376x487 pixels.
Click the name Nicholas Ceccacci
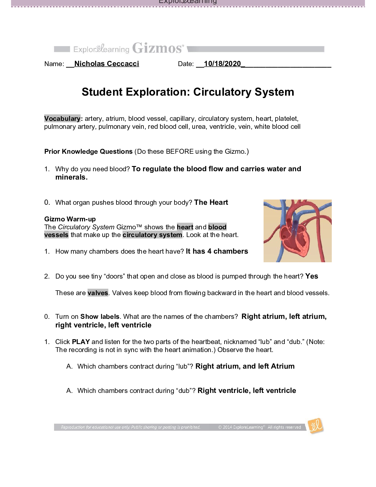click(x=107, y=64)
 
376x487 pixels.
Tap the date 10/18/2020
click(x=222, y=64)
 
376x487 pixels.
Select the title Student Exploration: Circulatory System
click(x=188, y=92)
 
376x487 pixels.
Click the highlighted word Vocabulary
click(x=62, y=119)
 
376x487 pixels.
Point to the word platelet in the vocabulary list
click(x=286, y=119)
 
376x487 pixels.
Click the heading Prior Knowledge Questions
click(x=88, y=152)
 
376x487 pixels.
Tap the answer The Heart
click(x=211, y=202)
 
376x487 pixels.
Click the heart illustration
click(x=297, y=231)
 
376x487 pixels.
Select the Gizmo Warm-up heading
click(x=70, y=219)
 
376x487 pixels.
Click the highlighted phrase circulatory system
click(x=152, y=235)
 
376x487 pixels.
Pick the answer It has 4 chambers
click(x=217, y=251)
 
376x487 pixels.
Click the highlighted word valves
click(x=98, y=293)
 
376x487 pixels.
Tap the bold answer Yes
click(x=312, y=276)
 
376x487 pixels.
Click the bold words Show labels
click(x=100, y=317)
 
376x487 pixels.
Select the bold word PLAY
click(x=81, y=342)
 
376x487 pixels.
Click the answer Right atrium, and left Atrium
click(x=245, y=366)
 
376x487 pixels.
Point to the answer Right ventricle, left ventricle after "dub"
click(x=247, y=390)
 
